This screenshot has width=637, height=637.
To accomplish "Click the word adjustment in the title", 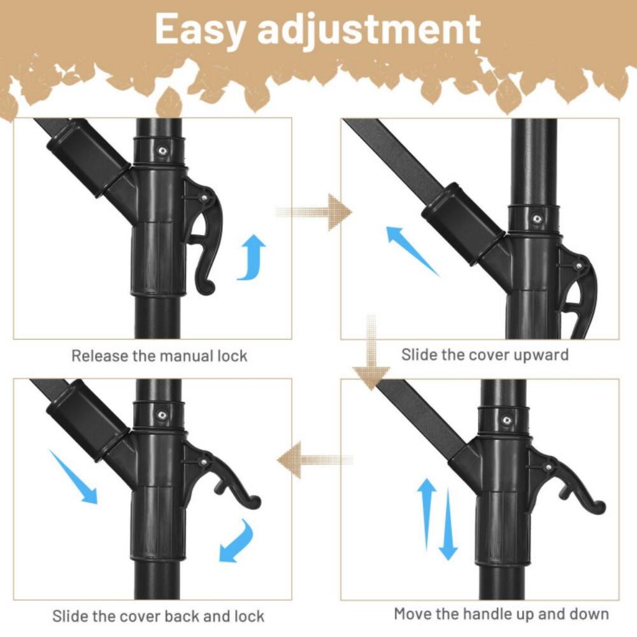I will click(369, 30).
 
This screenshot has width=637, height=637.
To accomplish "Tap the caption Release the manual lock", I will click(159, 355).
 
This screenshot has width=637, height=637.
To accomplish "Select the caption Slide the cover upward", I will click(485, 354).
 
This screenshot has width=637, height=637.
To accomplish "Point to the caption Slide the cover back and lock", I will click(158, 616).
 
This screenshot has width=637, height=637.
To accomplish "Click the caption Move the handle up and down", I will click(501, 614).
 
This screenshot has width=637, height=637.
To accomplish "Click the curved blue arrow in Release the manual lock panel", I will click(252, 257).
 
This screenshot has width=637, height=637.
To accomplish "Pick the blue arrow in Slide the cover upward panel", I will click(412, 251).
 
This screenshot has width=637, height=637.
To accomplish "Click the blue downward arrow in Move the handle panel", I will click(448, 526).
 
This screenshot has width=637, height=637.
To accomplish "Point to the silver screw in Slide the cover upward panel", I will click(537, 218).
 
